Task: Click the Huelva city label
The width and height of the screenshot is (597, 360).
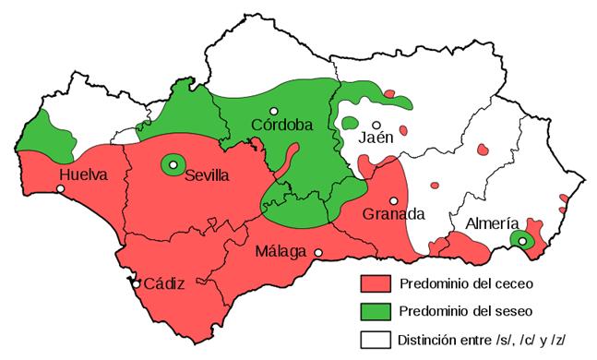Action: (x=83, y=174)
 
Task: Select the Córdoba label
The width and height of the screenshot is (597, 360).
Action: (x=281, y=126)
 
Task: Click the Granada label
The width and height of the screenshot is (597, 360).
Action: (x=393, y=214)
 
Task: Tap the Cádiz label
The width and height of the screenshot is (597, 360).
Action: (x=164, y=283)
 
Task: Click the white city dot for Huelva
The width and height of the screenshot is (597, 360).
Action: (x=61, y=189)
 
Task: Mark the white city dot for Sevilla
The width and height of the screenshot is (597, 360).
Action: (x=173, y=165)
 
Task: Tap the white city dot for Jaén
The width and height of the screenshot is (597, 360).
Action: (x=376, y=125)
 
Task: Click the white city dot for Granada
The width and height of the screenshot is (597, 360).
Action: (x=394, y=200)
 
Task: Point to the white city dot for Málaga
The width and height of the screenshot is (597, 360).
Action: (x=318, y=253)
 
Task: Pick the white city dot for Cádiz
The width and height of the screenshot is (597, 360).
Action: (x=137, y=284)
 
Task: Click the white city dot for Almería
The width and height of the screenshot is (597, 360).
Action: (x=522, y=241)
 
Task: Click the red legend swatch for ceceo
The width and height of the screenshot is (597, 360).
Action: (x=376, y=282)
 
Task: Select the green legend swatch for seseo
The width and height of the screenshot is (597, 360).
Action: (x=376, y=309)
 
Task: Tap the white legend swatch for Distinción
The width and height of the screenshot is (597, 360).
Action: (x=376, y=338)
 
